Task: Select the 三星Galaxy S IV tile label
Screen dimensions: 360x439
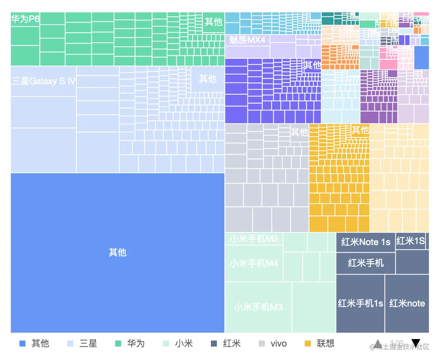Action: click(44, 81)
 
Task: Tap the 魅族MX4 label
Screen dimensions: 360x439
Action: click(247, 40)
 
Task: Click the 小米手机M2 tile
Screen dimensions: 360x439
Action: click(254, 239)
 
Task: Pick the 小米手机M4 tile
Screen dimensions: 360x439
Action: click(254, 263)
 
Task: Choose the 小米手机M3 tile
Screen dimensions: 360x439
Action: click(258, 307)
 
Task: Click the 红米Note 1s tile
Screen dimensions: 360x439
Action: click(366, 242)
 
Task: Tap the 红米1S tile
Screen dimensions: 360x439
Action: click(410, 241)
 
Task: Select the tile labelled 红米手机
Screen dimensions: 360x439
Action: click(366, 263)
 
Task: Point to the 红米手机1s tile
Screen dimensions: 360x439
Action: click(360, 303)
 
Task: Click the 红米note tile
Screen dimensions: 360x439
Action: click(407, 303)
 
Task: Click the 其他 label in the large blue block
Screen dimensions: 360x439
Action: click(117, 253)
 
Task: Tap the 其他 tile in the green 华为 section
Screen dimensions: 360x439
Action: click(214, 22)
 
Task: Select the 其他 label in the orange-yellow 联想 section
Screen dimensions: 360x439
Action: click(360, 130)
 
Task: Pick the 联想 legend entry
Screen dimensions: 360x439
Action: click(320, 344)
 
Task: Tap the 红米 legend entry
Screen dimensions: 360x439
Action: click(226, 344)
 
